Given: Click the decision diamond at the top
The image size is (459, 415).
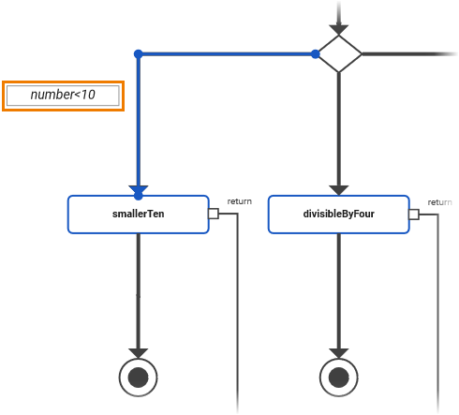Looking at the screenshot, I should pos(339,54).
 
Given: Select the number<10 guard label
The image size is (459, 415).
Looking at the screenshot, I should pos(63,96).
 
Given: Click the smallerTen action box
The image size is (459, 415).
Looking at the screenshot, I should pos(138,214).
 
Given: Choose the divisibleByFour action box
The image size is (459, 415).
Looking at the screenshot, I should pos(338,214).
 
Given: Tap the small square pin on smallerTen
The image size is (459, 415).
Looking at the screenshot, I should pos(214,214).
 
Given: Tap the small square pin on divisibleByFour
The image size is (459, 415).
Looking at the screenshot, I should pos(413,214).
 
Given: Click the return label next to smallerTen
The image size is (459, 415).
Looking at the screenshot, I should pos(240,201).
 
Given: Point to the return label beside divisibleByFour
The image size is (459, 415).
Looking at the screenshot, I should pos(439,202).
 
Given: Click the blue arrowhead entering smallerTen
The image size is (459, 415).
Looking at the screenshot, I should pos(138,191).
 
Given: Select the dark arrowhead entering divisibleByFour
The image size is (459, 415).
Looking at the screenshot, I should pos(339,190).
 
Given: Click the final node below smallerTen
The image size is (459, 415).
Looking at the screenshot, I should pos(139,378).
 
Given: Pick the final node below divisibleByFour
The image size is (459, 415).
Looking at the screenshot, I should pos(339,378).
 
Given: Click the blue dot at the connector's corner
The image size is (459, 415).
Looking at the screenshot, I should pos(138,54).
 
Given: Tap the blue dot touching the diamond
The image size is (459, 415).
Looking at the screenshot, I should pos(316,54).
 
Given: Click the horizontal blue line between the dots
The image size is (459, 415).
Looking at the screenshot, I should pos(225,54).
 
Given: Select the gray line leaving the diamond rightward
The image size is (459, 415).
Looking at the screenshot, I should pos(403,54).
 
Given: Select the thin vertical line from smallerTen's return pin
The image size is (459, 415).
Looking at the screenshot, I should pos(238,309).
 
